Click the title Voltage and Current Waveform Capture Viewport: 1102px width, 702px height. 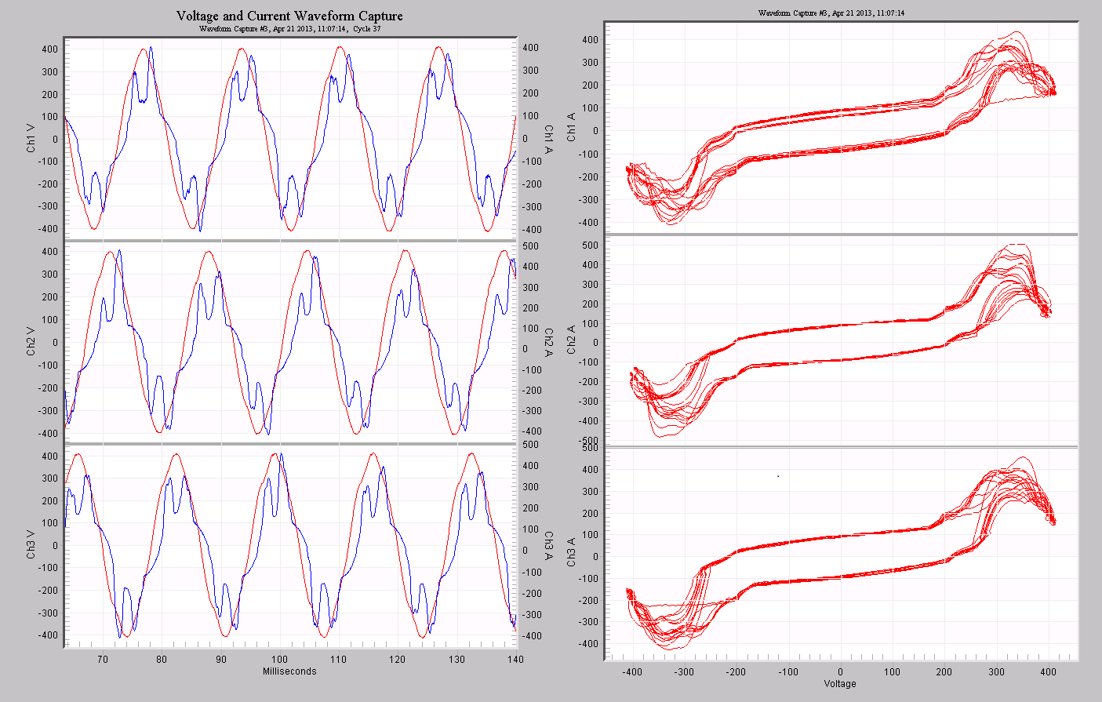point(289,16)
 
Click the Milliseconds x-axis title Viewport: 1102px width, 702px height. point(289,671)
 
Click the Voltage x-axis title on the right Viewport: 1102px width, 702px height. point(839,684)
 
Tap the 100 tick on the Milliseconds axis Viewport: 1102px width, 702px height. point(279,660)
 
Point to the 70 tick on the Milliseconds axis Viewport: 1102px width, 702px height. point(102,660)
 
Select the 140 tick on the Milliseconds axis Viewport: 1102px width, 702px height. point(514,660)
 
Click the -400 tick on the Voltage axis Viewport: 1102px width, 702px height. point(631,672)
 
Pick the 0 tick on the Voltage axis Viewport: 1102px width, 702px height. point(840,672)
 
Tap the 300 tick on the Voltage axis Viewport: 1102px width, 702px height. point(996,672)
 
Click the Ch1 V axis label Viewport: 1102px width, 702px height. point(31,138)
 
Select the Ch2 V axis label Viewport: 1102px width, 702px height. point(31,342)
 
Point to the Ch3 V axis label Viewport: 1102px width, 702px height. point(31,545)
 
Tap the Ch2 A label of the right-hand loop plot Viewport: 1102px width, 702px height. point(572,340)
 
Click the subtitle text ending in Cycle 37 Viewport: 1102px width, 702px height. point(289,29)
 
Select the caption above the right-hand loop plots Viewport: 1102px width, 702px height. point(831,13)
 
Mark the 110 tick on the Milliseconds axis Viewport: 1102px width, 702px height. point(338,660)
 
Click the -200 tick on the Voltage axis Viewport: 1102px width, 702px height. point(736,672)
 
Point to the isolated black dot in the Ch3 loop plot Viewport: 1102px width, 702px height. point(778,475)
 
